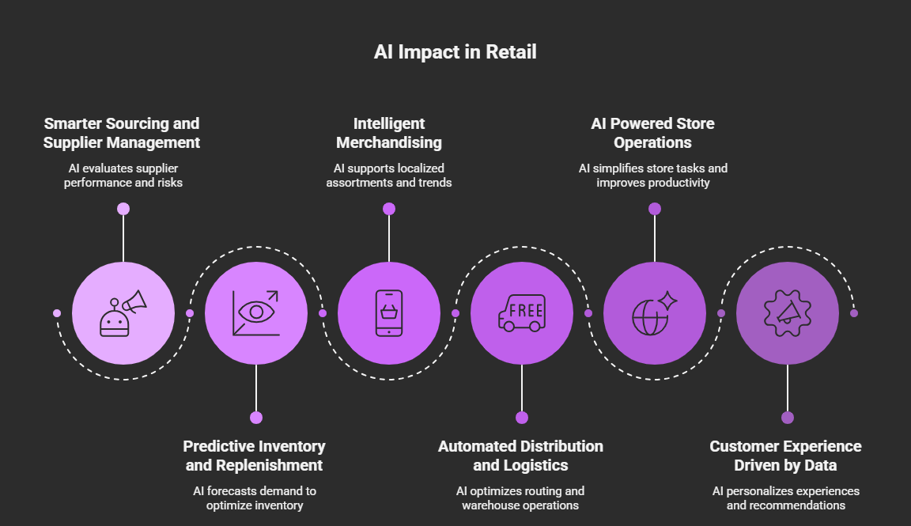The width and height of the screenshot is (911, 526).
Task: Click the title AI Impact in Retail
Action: (455, 52)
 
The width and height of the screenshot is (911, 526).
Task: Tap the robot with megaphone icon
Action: (123, 313)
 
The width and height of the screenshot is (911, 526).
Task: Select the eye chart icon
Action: (256, 313)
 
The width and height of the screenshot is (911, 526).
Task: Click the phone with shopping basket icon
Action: (389, 313)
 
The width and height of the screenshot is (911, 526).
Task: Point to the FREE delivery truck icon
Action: (522, 313)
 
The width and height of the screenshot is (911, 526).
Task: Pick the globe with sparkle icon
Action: (655, 313)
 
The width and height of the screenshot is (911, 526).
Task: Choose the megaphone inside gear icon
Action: (788, 313)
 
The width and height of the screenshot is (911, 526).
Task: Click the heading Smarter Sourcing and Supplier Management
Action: (122, 133)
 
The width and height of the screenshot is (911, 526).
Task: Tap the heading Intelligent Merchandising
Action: (389, 133)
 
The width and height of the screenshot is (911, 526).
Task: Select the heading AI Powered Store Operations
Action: (653, 133)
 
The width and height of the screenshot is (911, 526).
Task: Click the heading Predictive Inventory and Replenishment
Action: (255, 456)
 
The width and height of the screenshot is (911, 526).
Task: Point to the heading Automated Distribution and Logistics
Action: (521, 456)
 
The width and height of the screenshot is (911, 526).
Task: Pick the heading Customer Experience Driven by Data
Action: (786, 456)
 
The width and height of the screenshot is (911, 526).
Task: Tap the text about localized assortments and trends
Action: (389, 176)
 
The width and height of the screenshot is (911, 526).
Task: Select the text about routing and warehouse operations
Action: (521, 498)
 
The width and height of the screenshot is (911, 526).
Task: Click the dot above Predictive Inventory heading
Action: (256, 418)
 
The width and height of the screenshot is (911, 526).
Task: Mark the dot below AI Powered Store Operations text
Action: (655, 209)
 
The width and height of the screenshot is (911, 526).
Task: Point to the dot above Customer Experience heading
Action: (788, 418)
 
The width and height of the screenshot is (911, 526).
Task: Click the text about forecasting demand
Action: (255, 498)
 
